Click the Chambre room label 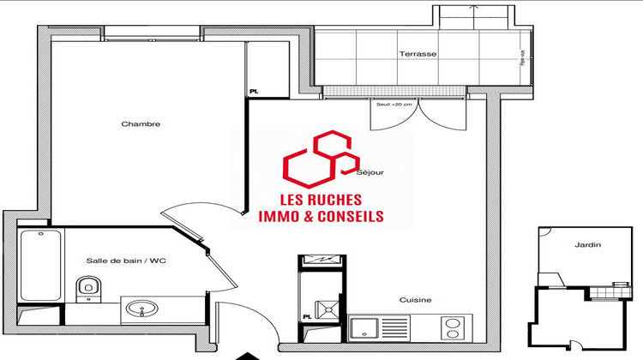(x=141, y=124)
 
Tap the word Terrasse (x=418, y=54)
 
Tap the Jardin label (x=587, y=245)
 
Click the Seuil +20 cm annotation (x=394, y=105)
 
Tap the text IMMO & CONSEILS (x=321, y=217)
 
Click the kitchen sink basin (x=367, y=327)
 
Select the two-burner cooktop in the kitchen (x=452, y=327)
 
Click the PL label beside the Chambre (x=254, y=89)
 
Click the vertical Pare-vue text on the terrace (x=522, y=58)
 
